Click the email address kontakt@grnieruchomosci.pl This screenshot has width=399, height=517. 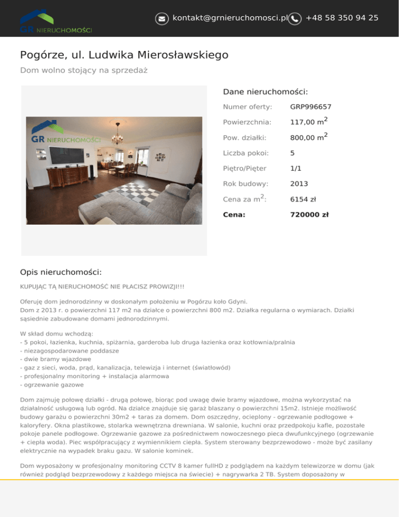pos(230,18)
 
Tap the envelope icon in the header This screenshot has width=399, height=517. pos(162,18)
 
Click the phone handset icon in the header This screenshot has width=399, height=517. pos(295,18)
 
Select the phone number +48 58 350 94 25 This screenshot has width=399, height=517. pos(342,18)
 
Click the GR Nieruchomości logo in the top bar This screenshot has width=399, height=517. pos(56,23)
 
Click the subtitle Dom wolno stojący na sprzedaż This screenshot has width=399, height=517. pos(83,70)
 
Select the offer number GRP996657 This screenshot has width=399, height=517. pos(311,107)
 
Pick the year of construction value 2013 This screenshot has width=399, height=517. pos(299,184)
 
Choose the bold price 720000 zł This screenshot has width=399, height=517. pos(309,214)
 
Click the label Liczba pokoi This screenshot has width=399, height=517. pos(246,153)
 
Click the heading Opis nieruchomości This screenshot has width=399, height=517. pos(60,272)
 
